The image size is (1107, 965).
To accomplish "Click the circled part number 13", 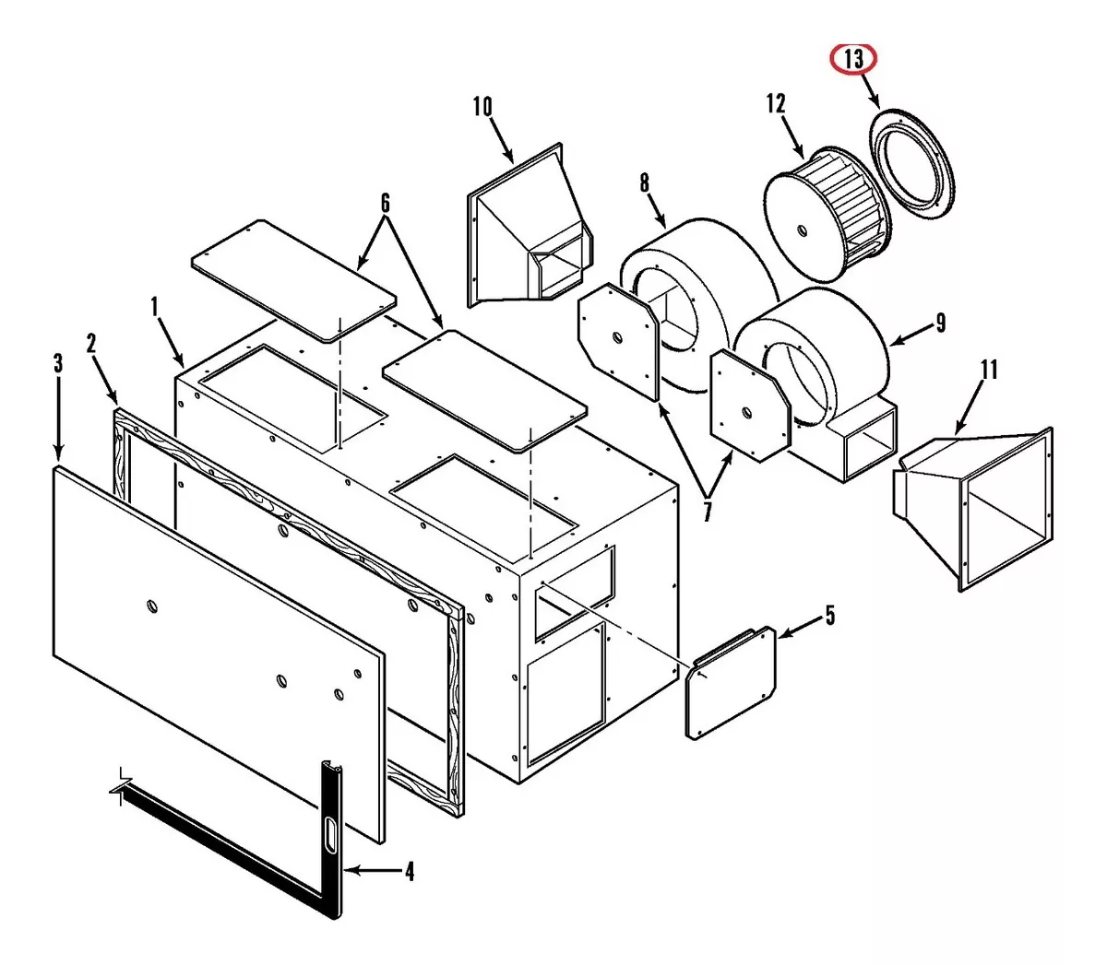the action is click(x=854, y=59).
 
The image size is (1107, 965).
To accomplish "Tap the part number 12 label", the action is click(x=775, y=103).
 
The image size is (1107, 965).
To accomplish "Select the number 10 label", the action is click(x=482, y=107).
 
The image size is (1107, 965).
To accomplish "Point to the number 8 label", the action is click(x=644, y=182).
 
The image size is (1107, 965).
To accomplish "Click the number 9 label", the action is click(x=941, y=323).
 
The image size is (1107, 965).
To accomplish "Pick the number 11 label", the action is click(x=989, y=371).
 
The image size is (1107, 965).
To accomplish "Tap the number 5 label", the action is click(x=829, y=615).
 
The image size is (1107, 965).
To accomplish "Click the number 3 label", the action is click(x=58, y=363).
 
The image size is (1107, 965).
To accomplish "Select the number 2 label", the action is click(x=91, y=344).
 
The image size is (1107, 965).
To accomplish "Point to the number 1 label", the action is click(x=154, y=307).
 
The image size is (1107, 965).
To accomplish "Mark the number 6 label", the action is click(x=385, y=204).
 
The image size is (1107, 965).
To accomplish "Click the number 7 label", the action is click(x=707, y=511).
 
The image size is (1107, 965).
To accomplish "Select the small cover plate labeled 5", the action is click(x=731, y=682).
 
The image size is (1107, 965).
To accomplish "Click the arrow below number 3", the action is click(x=58, y=419).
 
